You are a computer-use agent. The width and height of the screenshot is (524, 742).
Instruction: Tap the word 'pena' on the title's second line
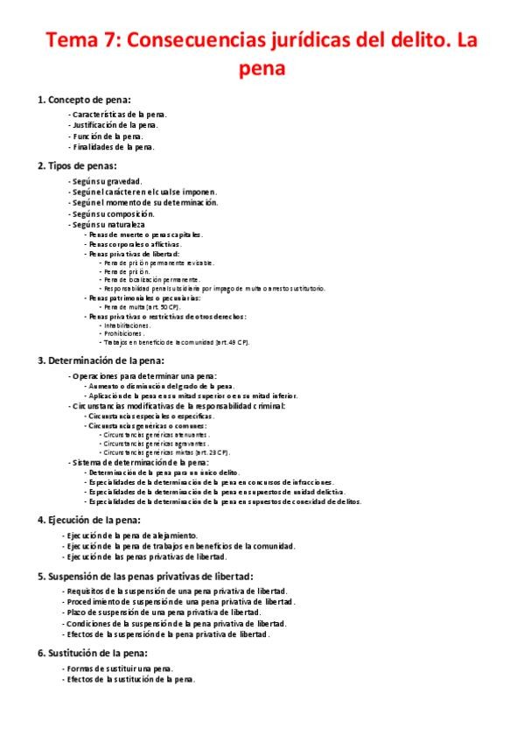pos(262,68)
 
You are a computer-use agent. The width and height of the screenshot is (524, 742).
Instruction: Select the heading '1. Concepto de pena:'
pos(84,100)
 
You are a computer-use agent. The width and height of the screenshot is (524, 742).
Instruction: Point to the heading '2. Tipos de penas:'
pos(77,165)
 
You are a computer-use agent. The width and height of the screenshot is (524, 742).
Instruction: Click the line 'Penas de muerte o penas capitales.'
pos(143,234)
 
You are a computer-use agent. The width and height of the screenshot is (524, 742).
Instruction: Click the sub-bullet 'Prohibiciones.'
pos(122,333)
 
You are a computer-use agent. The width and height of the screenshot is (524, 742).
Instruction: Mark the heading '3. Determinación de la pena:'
pos(101,360)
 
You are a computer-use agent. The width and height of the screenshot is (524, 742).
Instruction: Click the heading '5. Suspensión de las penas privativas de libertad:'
pos(145,576)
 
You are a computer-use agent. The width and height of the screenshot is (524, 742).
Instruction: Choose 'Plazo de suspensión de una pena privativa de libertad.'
pos(162,612)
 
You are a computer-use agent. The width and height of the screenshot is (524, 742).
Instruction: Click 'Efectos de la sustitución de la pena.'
pos(129,679)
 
